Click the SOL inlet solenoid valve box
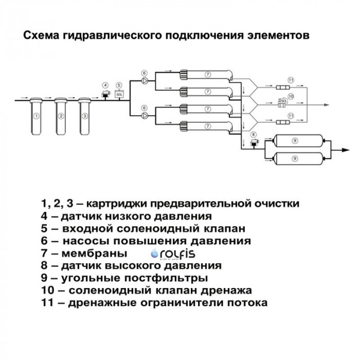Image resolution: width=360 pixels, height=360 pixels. pyautogui.click(x=119, y=95)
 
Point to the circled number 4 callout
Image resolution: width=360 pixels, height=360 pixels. pyautogui.click(x=105, y=85)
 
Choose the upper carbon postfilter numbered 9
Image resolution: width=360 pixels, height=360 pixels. pyautogui.click(x=295, y=140)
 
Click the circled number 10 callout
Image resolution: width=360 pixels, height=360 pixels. pyautogui.click(x=291, y=96)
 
